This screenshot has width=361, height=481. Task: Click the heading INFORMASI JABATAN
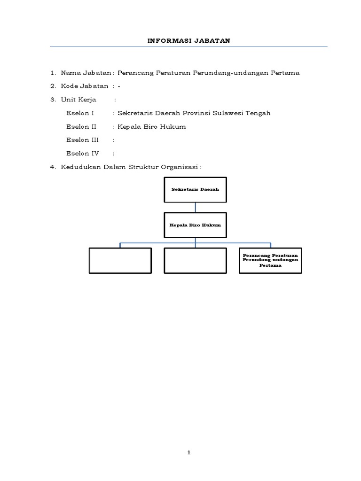click(x=188, y=40)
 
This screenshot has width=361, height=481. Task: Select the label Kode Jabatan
click(x=85, y=86)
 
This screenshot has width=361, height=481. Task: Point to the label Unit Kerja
click(x=78, y=100)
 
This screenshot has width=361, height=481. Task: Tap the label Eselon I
click(x=80, y=113)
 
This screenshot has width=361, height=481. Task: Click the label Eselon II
click(x=82, y=126)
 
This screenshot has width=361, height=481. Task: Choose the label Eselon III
click(x=83, y=140)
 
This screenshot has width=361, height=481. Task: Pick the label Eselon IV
click(x=83, y=153)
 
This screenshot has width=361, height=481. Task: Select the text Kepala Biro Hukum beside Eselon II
click(x=152, y=126)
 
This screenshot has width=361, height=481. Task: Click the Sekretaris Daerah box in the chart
click(x=195, y=189)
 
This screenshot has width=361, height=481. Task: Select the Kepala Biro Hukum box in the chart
click(x=195, y=225)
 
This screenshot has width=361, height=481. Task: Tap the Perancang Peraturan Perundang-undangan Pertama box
click(x=270, y=260)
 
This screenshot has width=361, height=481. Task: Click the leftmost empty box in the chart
click(x=120, y=260)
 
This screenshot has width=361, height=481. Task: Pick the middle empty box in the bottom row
click(x=195, y=260)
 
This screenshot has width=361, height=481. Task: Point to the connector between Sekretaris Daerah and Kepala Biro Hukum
click(x=195, y=207)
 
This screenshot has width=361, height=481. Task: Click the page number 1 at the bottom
click(x=188, y=453)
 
